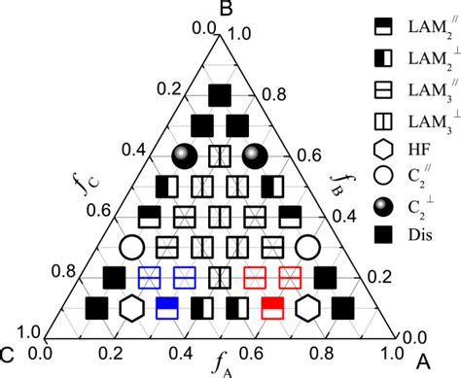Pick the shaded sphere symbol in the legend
coord(382,206)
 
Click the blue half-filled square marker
coord(167,308)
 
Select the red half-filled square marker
coord(273,308)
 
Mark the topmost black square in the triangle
coord(221,94)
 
